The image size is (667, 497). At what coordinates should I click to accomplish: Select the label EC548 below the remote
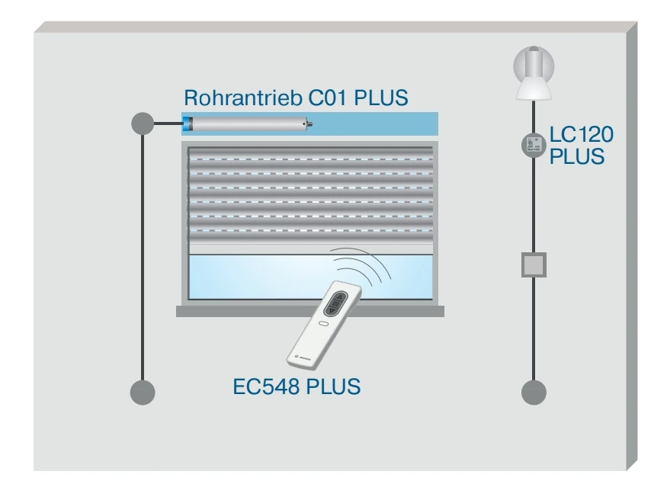tap(267, 386)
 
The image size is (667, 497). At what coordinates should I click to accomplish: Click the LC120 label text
tap(582, 136)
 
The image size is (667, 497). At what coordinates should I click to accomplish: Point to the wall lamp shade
tap(534, 88)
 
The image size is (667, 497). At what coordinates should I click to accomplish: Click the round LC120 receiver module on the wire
tap(534, 145)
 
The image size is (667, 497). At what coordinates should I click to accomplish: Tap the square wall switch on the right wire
tap(534, 264)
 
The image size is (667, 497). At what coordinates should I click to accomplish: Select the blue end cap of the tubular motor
tap(187, 123)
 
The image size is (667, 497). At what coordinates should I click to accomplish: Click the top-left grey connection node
tap(143, 123)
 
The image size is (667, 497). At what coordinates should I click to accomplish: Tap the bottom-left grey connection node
tap(143, 392)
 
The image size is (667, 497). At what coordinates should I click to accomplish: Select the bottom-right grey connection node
tap(534, 392)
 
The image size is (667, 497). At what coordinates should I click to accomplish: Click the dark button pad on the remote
tap(333, 306)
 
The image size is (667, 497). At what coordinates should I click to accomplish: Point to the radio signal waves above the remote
tap(364, 268)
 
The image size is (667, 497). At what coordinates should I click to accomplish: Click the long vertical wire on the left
tap(143, 259)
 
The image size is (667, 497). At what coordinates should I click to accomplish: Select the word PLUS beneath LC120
tap(577, 157)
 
